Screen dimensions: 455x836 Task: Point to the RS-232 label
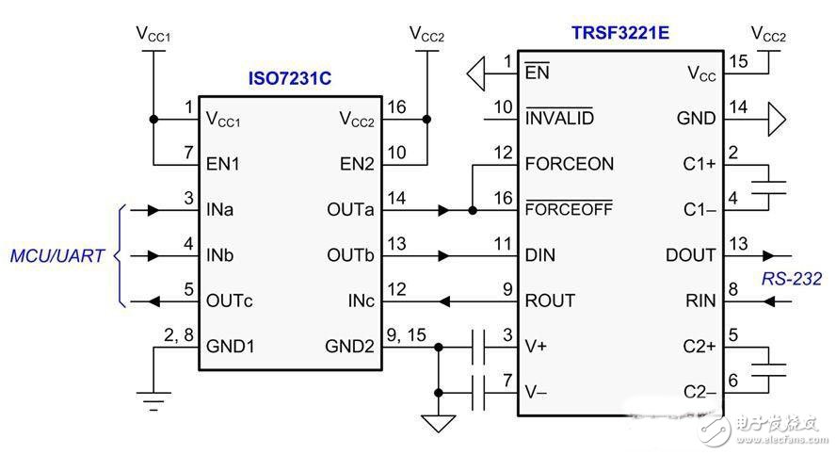coord(792,278)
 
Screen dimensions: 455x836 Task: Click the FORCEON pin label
coord(570,164)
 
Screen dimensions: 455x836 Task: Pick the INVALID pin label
coord(559,119)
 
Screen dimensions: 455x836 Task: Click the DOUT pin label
coord(691,255)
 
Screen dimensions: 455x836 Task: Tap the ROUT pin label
coord(550,301)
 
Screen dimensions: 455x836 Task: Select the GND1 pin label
coord(231,347)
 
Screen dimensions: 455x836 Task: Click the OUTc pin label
coord(231,301)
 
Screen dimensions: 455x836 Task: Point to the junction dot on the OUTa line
coord(472,210)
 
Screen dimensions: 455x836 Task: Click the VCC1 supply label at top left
coord(153,35)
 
